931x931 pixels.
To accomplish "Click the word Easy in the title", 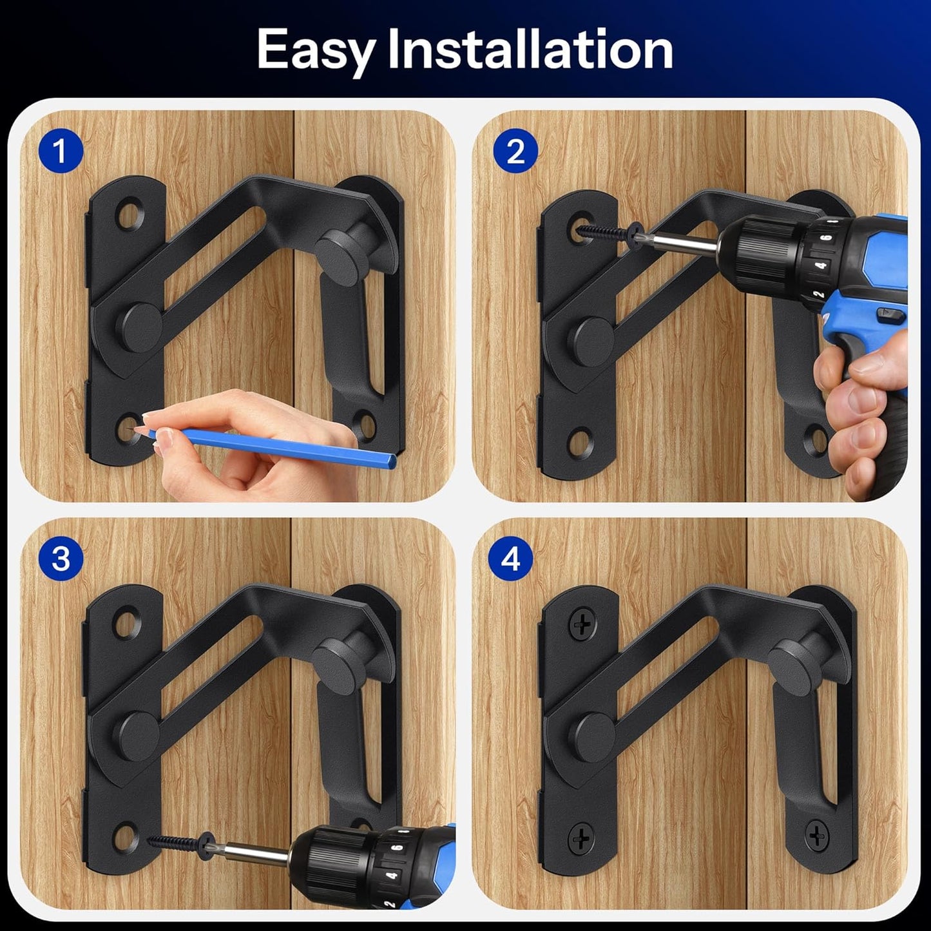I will pyautogui.click(x=316, y=50).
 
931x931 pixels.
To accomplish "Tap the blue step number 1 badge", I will pyautogui.click(x=61, y=151).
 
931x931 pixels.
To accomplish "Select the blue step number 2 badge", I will pyautogui.click(x=515, y=151).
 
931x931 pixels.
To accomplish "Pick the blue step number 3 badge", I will pyautogui.click(x=61, y=558).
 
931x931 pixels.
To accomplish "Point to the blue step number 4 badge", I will pyautogui.click(x=510, y=558).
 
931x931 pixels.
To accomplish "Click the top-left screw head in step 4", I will pyautogui.click(x=581, y=624).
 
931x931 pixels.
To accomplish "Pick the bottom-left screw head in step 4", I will pyautogui.click(x=581, y=838).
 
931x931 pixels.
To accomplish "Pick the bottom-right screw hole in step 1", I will pyautogui.click(x=366, y=425).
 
